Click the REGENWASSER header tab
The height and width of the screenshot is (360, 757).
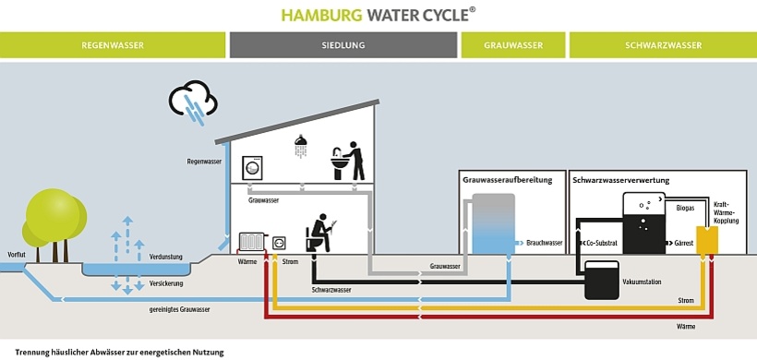tap(113, 45)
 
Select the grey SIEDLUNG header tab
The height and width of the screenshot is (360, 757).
tap(343, 45)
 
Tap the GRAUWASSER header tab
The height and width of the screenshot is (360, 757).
tap(512, 45)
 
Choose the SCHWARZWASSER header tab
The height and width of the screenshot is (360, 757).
tap(663, 45)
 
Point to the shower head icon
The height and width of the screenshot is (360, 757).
tap(301, 146)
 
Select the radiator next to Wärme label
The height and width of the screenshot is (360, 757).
tap(251, 242)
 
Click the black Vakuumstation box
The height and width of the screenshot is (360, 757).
tap(602, 280)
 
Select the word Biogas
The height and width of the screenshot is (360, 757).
tap(685, 209)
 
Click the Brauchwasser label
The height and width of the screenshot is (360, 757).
tap(544, 243)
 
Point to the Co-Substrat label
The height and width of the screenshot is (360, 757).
tap(600, 243)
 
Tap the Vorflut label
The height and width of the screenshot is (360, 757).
tap(16, 253)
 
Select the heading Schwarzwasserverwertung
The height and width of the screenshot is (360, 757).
tap(620, 180)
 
